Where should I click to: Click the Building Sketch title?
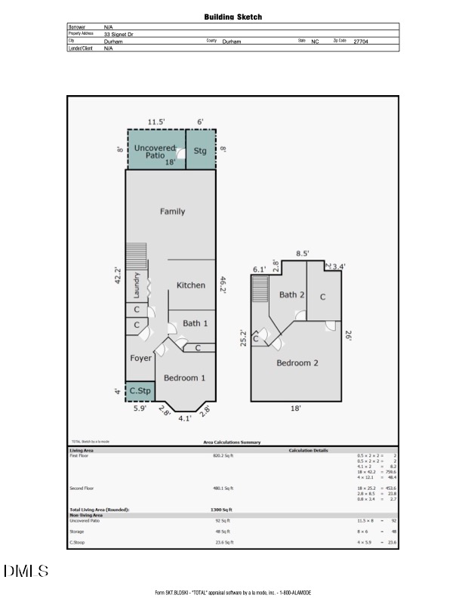pyautogui.click(x=233, y=17)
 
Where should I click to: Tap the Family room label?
pyautogui.click(x=172, y=211)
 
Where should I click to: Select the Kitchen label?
pyautogui.click(x=191, y=285)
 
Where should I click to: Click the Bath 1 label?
pyautogui.click(x=196, y=323)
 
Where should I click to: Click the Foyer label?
pyautogui.click(x=140, y=358)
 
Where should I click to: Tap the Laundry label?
pyautogui.click(x=137, y=286)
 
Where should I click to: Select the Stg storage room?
pyautogui.click(x=200, y=150)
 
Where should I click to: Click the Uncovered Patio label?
pyautogui.click(x=155, y=151)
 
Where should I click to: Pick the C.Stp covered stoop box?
pyautogui.click(x=140, y=391)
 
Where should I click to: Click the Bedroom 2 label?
pyautogui.click(x=297, y=363)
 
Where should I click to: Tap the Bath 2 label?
pyautogui.click(x=292, y=295)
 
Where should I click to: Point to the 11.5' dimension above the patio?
pyautogui.click(x=156, y=122)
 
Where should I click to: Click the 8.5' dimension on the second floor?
pyautogui.click(x=302, y=254)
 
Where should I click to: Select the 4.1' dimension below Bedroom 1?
pyautogui.click(x=184, y=418)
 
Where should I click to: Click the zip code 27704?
pyautogui.click(x=361, y=42)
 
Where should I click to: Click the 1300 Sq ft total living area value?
pyautogui.click(x=221, y=510)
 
